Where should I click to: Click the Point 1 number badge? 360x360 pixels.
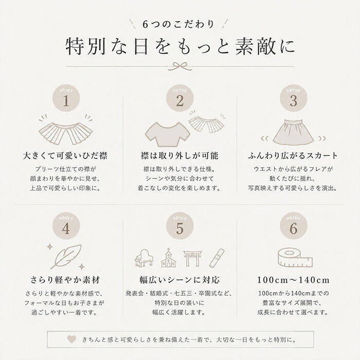pos(66,98)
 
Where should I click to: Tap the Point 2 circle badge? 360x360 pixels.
pos(180,98)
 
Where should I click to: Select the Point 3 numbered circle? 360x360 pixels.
pos(294,98)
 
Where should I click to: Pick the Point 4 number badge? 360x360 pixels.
pos(66,226)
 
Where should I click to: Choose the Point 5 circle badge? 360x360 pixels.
pos(180,226)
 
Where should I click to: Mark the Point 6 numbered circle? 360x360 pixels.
pos(294,226)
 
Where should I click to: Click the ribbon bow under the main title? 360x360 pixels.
pos(180,66)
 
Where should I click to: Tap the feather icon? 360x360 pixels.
pos(66,257)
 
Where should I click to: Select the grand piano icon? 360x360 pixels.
pos(144,258)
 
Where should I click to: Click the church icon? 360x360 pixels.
pos(169,258)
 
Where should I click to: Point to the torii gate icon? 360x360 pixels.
pos(192,258)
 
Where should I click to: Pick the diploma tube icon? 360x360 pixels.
pos(217,258)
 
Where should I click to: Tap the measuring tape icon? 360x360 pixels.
pos(295,258)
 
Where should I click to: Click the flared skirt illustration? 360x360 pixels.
pos(293,133)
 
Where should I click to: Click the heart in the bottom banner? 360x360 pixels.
pos(71,339)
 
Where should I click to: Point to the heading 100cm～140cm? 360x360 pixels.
pos(293,280)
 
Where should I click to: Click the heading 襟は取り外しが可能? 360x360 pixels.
pos(179,156)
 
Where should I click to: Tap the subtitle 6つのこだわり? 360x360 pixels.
pos(178,24)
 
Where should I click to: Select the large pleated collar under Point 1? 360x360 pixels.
pos(66,134)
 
